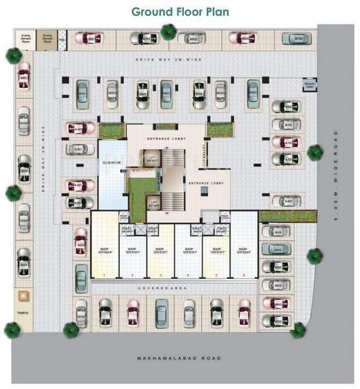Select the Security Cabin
click(310, 85)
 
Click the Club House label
click(111, 163)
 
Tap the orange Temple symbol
click(24, 296)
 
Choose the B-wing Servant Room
click(48, 39)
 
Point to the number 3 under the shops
click(160, 275)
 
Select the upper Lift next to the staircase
click(153, 159)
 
